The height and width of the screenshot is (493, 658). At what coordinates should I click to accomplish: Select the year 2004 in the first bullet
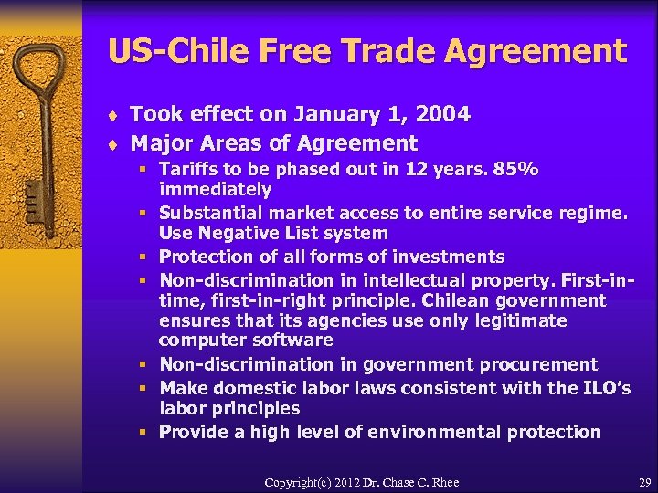pos(441,114)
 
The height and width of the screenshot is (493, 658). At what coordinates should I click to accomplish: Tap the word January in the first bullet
pos(336,114)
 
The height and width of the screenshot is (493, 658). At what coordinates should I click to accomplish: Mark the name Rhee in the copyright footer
pos(443,482)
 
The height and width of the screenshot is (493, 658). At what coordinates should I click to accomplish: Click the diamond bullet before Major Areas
pos(113,144)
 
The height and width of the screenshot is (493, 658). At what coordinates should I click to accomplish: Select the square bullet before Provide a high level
pos(145,432)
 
